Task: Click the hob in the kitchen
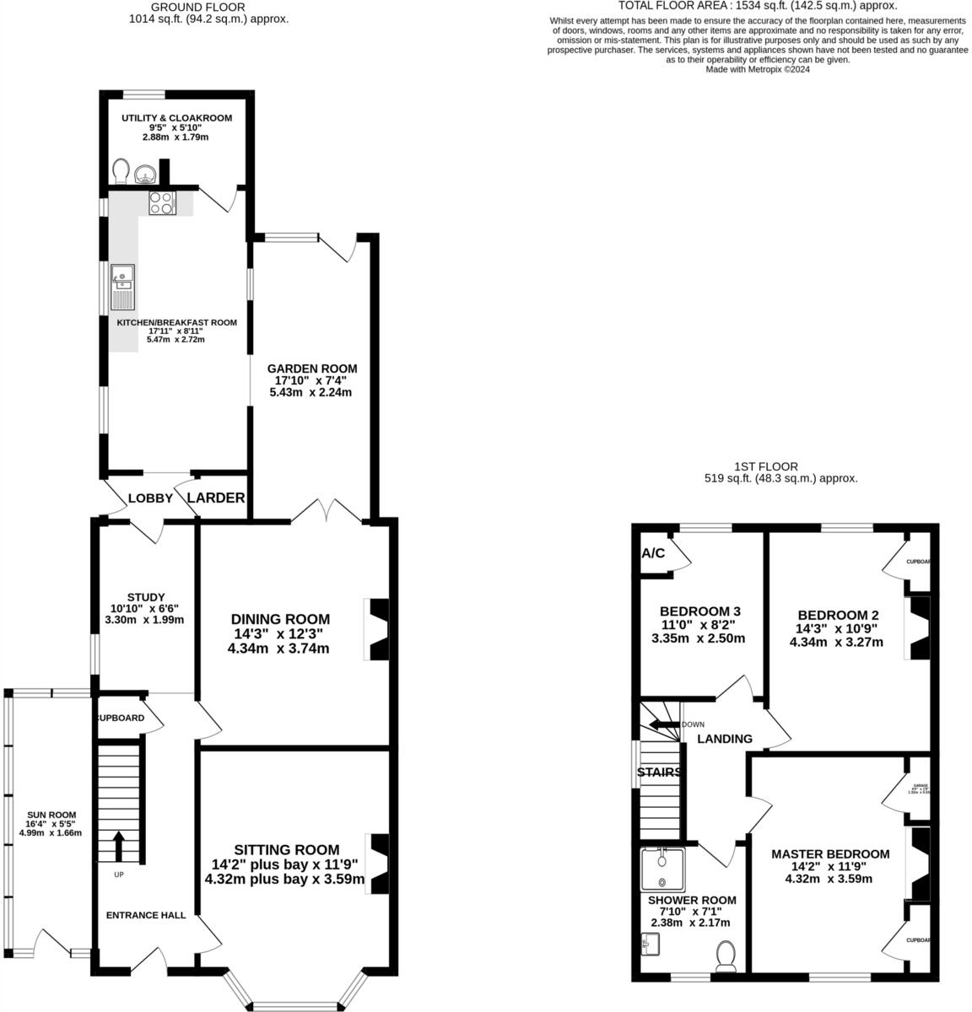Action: coord(162,202)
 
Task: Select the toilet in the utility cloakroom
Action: coord(120,172)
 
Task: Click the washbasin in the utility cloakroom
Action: coord(145,175)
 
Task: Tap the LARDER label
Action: coord(216,498)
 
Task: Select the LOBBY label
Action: coord(150,498)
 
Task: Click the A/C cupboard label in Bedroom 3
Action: coord(653,554)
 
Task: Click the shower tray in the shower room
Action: coord(663,869)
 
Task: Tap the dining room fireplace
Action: coord(376,629)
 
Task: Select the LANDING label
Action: coord(725,739)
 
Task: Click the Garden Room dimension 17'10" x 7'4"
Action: coord(311,380)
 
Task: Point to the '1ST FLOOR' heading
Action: coord(780,466)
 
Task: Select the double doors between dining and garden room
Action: coord(327,511)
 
